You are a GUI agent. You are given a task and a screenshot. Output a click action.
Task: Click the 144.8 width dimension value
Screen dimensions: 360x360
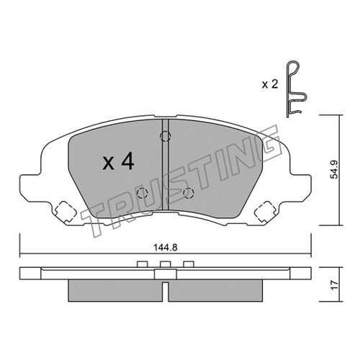tap(166, 248)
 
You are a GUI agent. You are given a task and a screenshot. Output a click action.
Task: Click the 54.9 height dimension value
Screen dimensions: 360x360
tap(334, 170)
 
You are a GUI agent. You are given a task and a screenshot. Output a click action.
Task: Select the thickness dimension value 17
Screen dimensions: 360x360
tap(335, 285)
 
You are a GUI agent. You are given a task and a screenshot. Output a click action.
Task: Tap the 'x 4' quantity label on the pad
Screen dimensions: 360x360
tap(118, 162)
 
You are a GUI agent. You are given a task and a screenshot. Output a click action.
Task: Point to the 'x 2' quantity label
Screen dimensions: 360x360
tap(270, 84)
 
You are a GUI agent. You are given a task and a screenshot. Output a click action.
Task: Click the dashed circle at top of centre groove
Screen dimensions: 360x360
tap(166, 137)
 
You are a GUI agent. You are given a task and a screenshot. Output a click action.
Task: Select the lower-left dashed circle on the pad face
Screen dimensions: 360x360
tap(142, 193)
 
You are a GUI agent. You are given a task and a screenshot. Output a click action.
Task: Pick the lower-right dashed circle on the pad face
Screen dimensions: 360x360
tap(189, 193)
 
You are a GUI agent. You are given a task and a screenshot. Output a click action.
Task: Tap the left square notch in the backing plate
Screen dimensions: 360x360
tap(63, 211)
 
